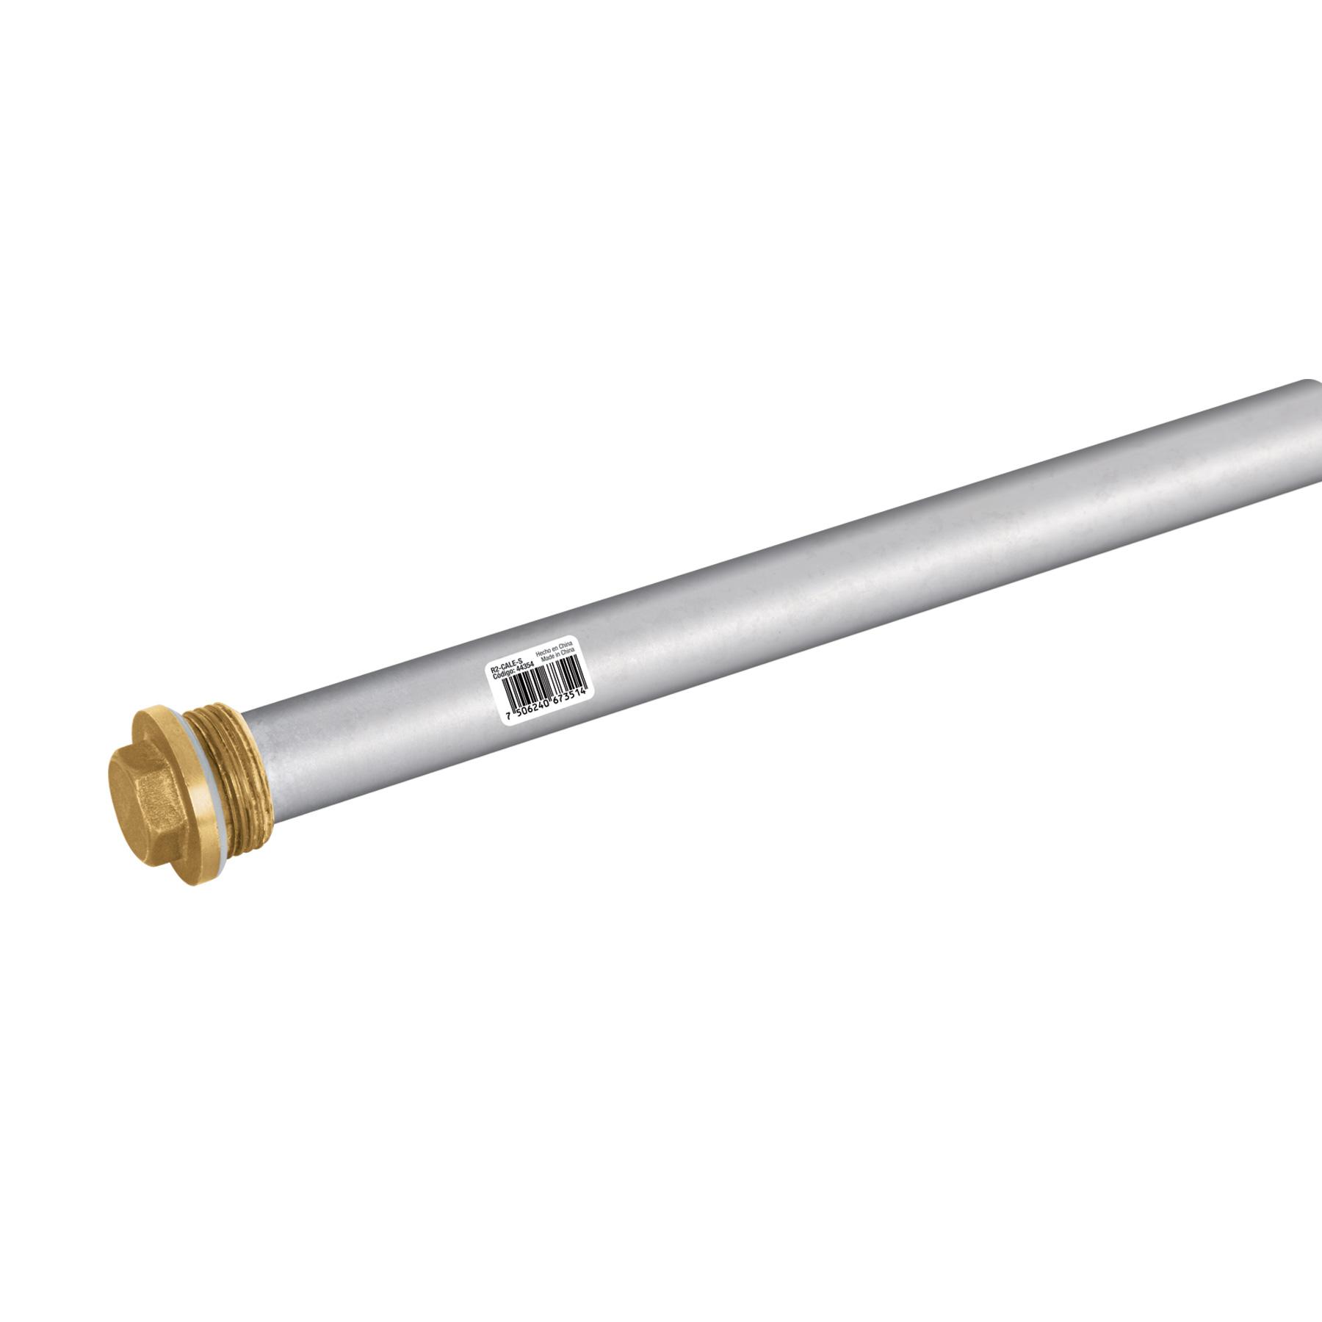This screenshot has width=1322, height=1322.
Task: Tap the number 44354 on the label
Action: (525, 670)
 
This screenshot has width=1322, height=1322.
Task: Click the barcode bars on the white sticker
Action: (543, 685)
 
